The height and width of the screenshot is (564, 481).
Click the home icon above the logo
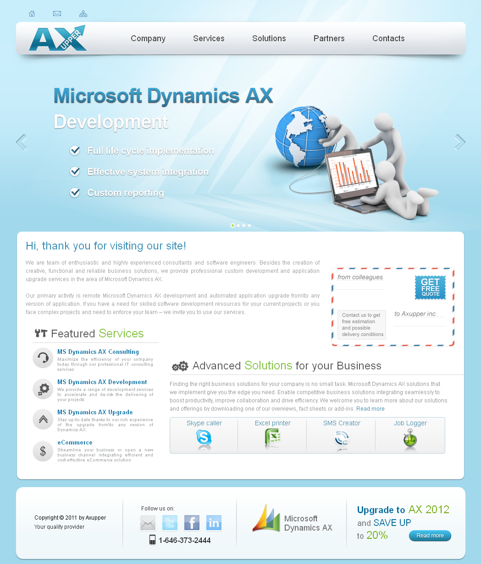click(x=32, y=13)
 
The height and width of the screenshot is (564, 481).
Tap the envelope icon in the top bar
click(x=57, y=13)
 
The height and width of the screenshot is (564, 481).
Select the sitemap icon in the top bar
click(x=83, y=14)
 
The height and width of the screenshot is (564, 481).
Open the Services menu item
click(x=209, y=38)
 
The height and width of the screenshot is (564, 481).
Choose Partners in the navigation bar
click(x=329, y=38)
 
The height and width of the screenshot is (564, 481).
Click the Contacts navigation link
click(x=388, y=38)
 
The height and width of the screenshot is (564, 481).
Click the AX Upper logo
click(x=58, y=38)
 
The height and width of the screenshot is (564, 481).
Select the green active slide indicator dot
click(x=232, y=225)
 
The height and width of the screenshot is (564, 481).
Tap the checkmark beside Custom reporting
click(x=75, y=192)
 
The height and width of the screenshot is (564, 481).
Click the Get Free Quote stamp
click(x=430, y=287)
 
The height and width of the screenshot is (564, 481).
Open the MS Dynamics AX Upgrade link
click(x=95, y=412)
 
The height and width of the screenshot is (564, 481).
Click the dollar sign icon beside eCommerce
click(x=43, y=451)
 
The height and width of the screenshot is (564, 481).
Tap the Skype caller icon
click(x=204, y=437)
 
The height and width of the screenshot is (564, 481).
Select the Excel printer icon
click(x=273, y=437)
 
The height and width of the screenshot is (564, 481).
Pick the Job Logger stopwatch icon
click(x=410, y=438)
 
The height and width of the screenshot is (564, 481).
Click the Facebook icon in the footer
click(x=192, y=523)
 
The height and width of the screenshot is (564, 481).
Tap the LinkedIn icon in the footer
click(x=214, y=523)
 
